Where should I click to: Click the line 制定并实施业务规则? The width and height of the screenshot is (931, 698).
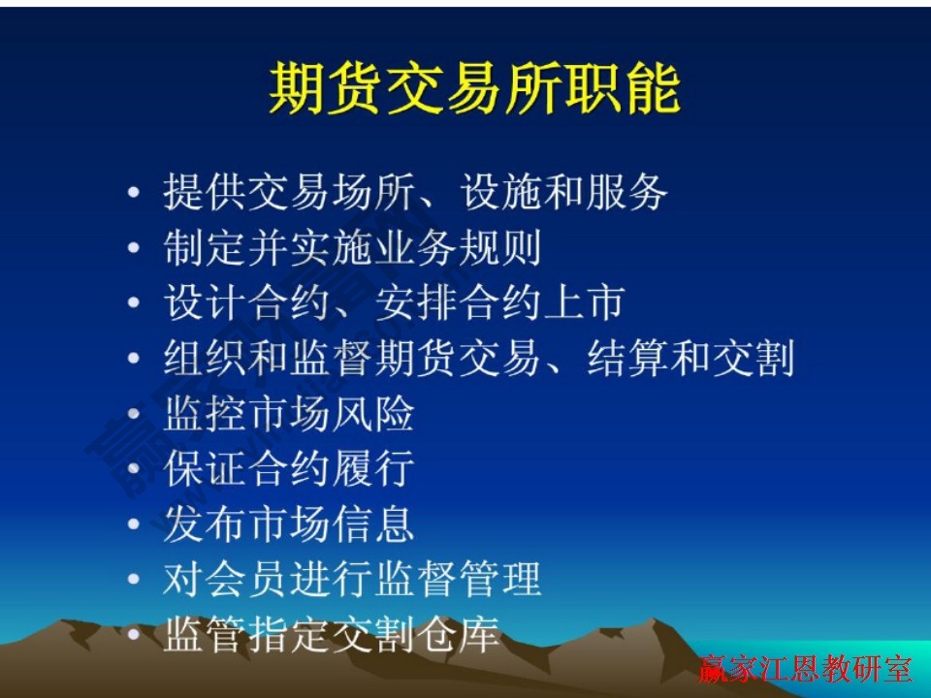(x=352, y=248)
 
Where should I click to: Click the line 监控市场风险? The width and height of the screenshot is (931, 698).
(x=289, y=414)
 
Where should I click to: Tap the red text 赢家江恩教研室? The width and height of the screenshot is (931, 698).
(x=805, y=670)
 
